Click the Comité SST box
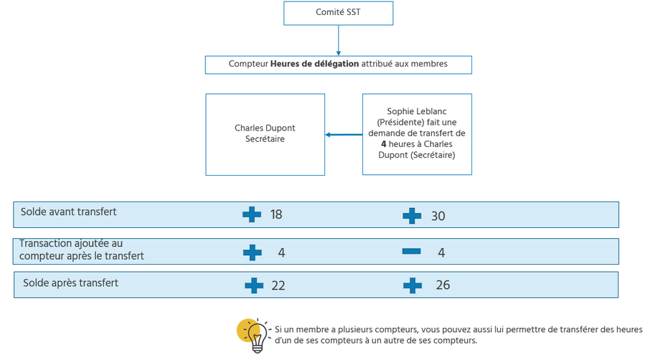tap(338, 13)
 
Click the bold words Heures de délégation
tap(314, 64)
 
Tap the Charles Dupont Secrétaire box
tap(265, 134)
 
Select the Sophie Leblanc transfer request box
tap(417, 134)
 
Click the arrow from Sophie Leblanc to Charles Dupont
tap(344, 134)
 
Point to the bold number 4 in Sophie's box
tap(384, 143)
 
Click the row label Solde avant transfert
tap(69, 212)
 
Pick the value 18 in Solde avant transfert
tap(276, 214)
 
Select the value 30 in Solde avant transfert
tap(438, 215)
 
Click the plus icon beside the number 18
tap(252, 214)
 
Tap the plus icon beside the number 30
tap(412, 215)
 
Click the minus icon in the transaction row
tap(411, 251)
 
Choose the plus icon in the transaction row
tap(252, 252)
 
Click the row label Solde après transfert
tap(70, 283)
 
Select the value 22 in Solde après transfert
tap(278, 285)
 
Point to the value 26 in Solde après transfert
tap(443, 285)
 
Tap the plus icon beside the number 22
tap(254, 285)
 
